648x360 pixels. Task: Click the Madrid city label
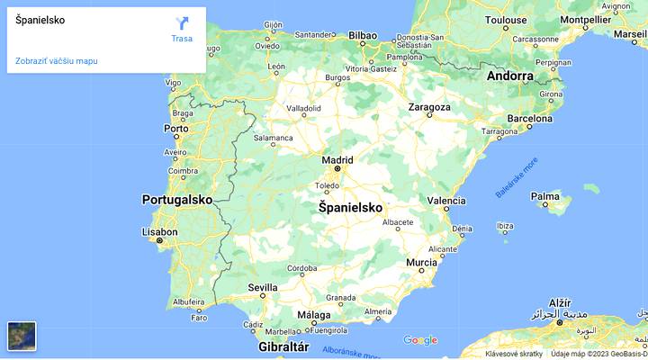tap(337, 160)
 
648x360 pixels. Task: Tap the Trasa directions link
tap(182, 38)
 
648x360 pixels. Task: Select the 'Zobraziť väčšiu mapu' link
tap(57, 61)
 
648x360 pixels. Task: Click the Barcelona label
tap(529, 118)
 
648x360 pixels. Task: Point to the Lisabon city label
tap(160, 231)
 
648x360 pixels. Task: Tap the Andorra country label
tap(510, 76)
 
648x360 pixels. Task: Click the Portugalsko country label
tap(176, 200)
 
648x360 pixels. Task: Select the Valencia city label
tap(446, 201)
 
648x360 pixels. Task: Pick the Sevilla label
tap(263, 287)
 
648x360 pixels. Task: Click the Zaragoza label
tap(429, 107)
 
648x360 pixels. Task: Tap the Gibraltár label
tap(283, 346)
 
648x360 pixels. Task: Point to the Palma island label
tap(545, 195)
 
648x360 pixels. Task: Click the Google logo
tap(420, 340)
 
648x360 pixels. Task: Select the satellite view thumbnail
tap(22, 336)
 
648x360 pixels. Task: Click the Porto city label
tap(176, 129)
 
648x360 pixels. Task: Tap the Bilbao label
tap(363, 36)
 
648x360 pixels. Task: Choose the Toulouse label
tap(506, 20)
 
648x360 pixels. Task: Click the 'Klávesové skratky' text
tap(514, 354)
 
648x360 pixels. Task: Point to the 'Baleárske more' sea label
tap(517, 177)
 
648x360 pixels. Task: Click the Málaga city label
tap(314, 315)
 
